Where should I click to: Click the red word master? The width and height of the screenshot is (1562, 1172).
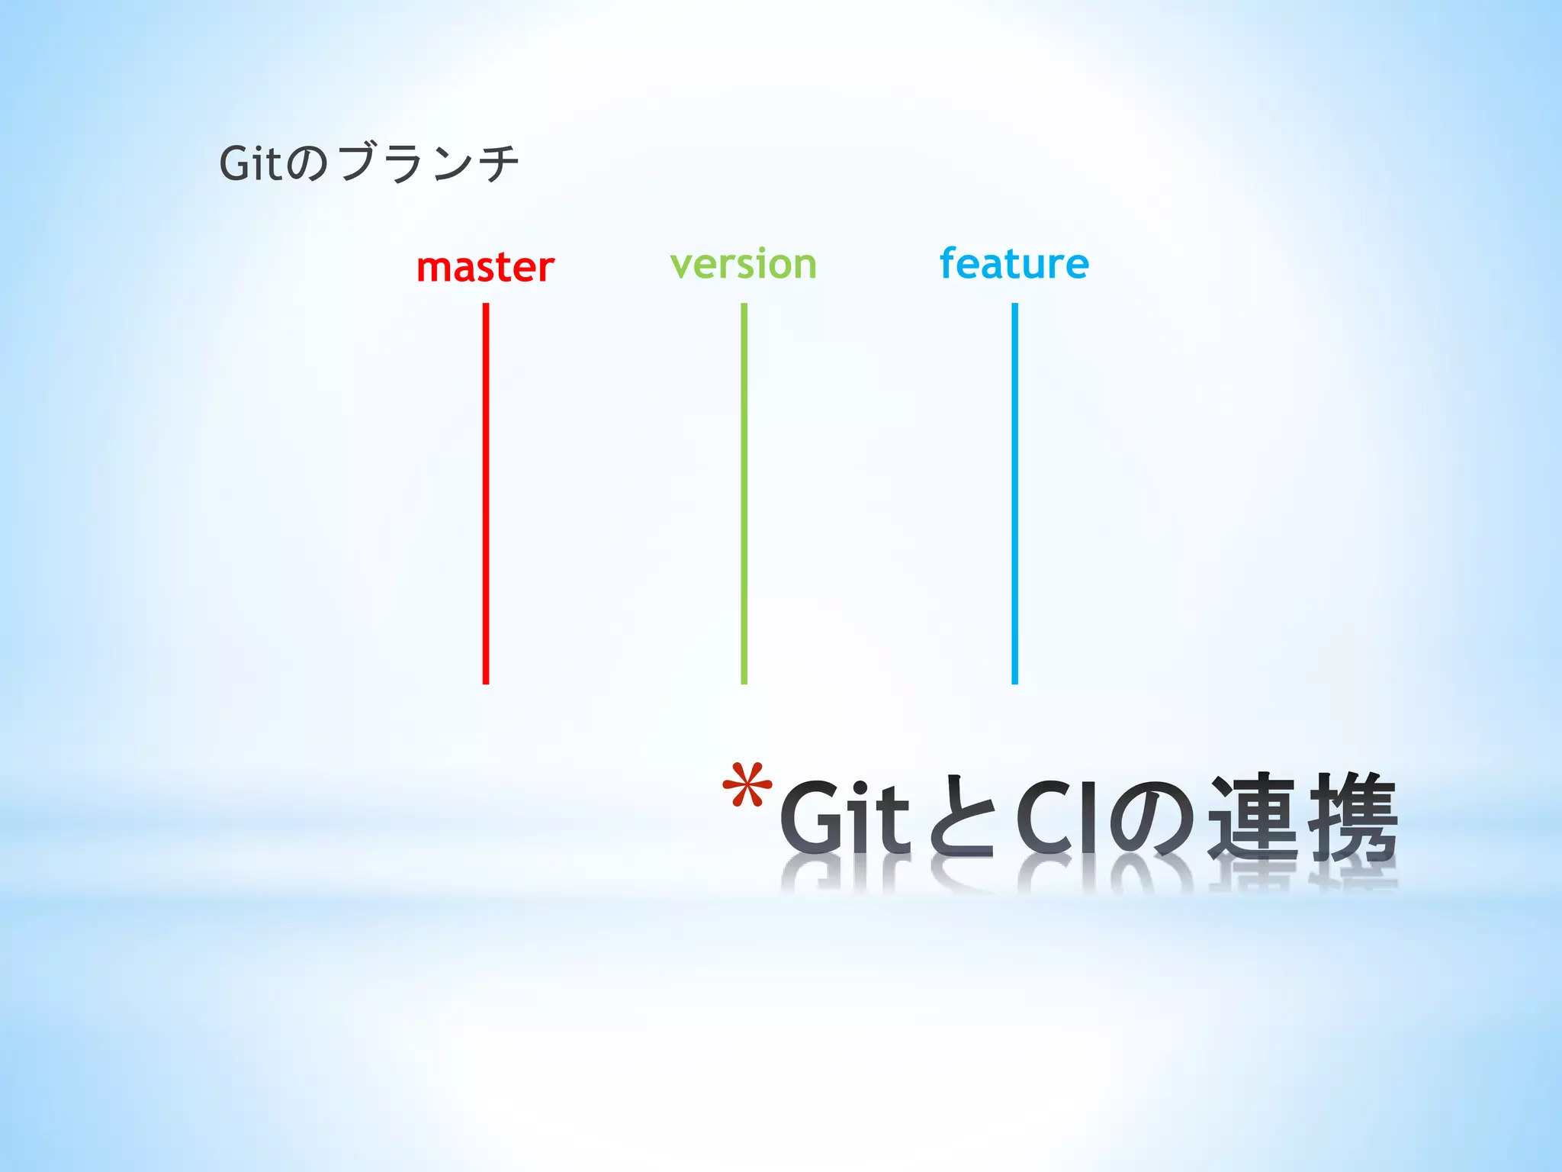tap(485, 268)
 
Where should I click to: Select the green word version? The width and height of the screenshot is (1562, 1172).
tap(743, 265)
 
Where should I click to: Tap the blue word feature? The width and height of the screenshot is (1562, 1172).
tap(1014, 264)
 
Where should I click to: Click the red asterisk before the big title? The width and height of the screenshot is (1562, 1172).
tap(747, 786)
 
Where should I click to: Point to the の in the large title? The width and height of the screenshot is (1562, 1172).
tap(1152, 818)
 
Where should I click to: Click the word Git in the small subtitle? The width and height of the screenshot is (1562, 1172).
tap(251, 163)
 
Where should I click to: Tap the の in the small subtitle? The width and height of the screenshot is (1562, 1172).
tap(308, 165)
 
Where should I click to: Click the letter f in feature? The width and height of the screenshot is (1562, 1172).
tap(948, 263)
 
